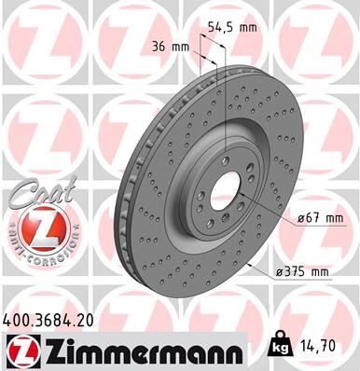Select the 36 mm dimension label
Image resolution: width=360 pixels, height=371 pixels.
[x=171, y=46]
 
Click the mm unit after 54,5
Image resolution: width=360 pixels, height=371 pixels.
[x=249, y=29]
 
